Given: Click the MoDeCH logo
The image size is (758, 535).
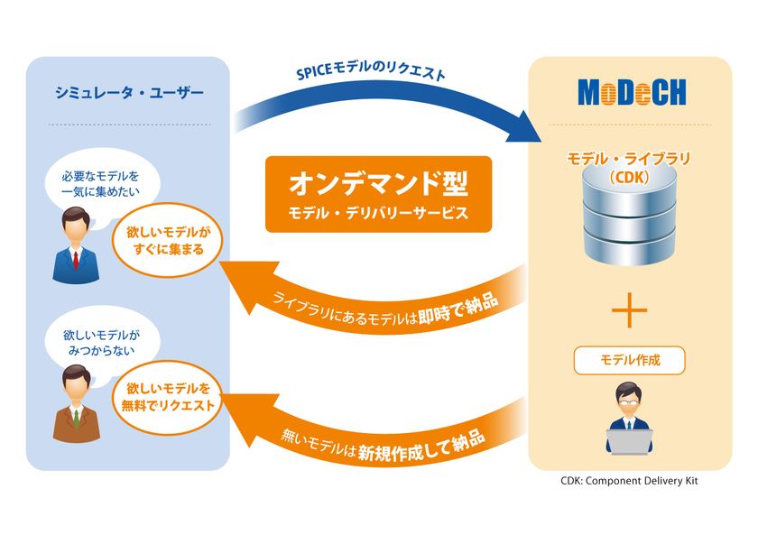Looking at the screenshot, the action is (x=632, y=92).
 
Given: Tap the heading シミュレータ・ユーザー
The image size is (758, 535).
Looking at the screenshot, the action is (x=129, y=92).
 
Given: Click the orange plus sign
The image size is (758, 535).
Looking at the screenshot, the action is (x=630, y=310).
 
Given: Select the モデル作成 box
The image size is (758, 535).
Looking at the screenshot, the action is (x=630, y=360).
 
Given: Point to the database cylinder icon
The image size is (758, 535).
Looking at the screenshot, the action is (x=630, y=215).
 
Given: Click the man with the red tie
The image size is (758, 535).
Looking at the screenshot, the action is (x=76, y=245).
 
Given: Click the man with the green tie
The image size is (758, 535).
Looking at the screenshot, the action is (x=77, y=404).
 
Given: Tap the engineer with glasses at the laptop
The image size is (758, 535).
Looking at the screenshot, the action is (x=629, y=418).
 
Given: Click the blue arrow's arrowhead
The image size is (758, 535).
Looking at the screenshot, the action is (x=524, y=126).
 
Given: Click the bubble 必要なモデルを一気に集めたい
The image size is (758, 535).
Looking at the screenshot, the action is (x=100, y=184).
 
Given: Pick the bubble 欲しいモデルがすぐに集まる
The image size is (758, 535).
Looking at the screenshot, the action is (x=168, y=241).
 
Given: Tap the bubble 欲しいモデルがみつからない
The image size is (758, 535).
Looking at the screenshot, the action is (x=101, y=342).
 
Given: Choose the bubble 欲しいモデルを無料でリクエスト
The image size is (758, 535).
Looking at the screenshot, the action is (x=168, y=397).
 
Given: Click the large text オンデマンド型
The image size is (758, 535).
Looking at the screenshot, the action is (x=378, y=184).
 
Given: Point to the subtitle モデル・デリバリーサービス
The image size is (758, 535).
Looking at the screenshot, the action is (x=378, y=213).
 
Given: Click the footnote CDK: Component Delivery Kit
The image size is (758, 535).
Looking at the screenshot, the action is (x=630, y=481).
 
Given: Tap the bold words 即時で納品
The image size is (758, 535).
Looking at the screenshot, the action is (x=458, y=309).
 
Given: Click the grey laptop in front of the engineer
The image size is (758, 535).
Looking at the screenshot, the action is (x=630, y=442).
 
